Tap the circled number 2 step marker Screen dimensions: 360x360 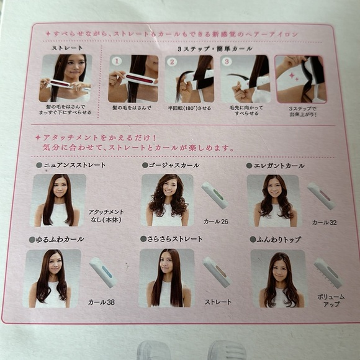171,62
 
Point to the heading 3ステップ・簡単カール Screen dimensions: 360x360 198,48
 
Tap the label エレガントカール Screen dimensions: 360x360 278,165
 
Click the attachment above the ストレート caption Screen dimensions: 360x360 216,272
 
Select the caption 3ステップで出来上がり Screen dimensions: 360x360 302,111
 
